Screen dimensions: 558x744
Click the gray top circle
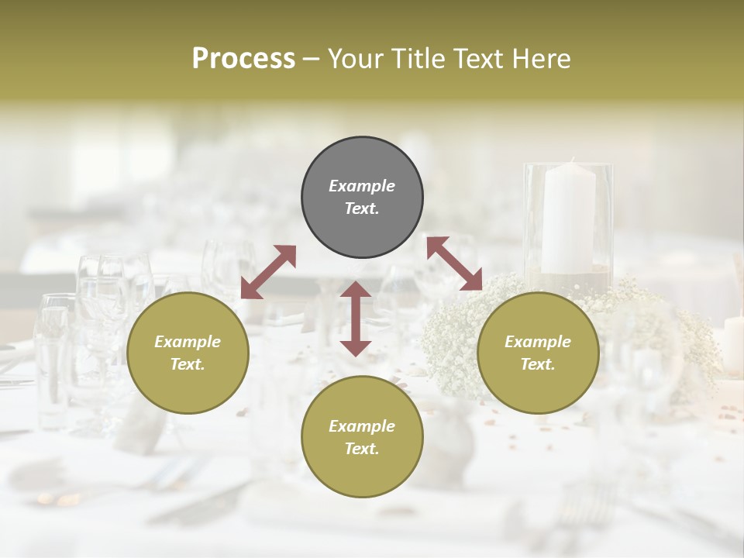pyautogui.click(x=362, y=198)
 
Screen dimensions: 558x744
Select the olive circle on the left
pyautogui.click(x=188, y=353)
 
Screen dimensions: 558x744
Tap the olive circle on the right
pyautogui.click(x=538, y=353)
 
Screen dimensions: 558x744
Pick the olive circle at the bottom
pyautogui.click(x=362, y=437)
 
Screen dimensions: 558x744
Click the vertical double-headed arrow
pyautogui.click(x=356, y=319)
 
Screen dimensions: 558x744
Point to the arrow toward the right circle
pyautogui.click(x=454, y=263)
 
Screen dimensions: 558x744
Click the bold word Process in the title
pyautogui.click(x=243, y=58)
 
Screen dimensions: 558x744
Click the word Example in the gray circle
pyautogui.click(x=362, y=186)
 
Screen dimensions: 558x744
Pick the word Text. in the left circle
pyautogui.click(x=188, y=364)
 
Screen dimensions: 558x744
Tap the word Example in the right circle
pyautogui.click(x=538, y=342)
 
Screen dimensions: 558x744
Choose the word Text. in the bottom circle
pyautogui.click(x=362, y=449)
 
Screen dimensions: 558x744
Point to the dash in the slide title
pyautogui.click(x=312, y=59)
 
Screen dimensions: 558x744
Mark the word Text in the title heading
pyautogui.click(x=480, y=58)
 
